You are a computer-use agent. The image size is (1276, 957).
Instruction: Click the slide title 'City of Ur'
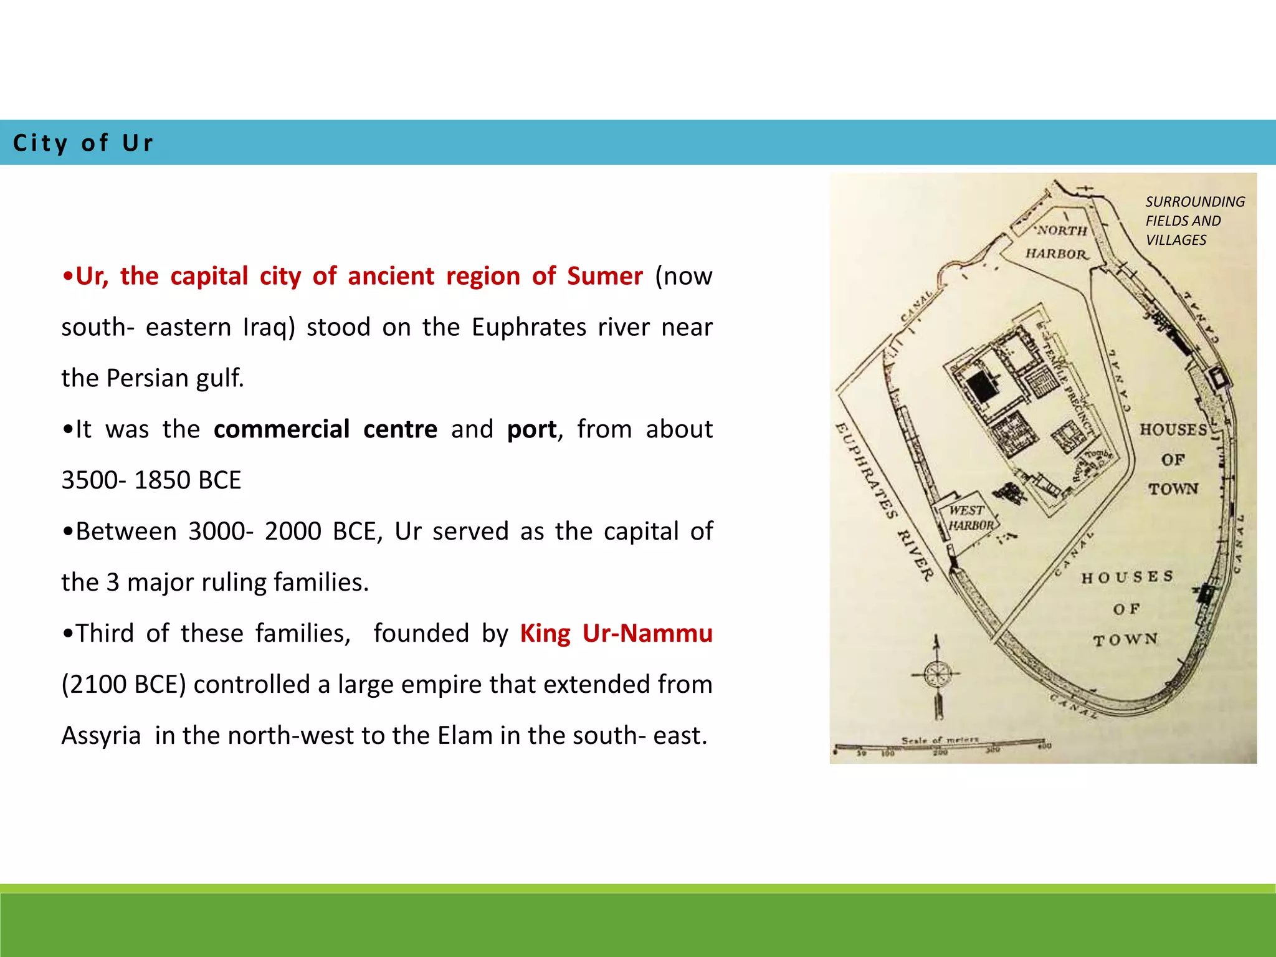tap(83, 143)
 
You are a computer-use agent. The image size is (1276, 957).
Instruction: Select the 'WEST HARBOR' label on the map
tap(969, 518)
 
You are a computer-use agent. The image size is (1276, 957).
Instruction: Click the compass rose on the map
tap(936, 674)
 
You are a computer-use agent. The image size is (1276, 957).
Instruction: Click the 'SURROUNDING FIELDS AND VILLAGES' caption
tap(1194, 221)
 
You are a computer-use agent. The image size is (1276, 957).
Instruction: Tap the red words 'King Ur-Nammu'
tap(616, 634)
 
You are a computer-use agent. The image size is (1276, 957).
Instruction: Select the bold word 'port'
tap(531, 429)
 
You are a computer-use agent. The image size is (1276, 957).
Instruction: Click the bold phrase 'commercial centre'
tap(325, 429)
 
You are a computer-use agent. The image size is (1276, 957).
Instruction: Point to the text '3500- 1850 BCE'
tap(151, 480)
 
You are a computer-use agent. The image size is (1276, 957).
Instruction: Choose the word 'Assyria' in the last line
tap(101, 736)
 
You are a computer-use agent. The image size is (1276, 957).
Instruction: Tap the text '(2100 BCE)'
tap(124, 685)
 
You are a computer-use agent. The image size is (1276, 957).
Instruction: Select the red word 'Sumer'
tap(604, 276)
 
